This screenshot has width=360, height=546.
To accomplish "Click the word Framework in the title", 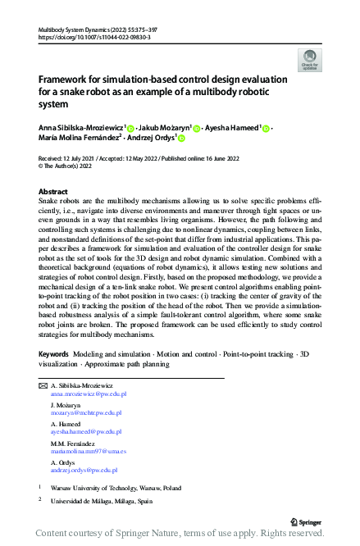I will click(66, 80).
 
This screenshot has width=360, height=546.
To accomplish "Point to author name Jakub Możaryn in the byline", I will click(165, 128).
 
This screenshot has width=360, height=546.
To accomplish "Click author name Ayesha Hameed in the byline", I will click(231, 128).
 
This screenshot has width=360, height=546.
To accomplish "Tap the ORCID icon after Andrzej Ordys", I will click(181, 139).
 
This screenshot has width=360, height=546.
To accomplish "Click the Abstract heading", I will click(53, 191).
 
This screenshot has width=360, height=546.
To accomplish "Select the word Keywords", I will click(54, 376).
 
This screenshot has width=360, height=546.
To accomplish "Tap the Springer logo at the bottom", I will click(306, 521).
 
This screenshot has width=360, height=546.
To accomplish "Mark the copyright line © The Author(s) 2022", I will click(67, 165).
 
